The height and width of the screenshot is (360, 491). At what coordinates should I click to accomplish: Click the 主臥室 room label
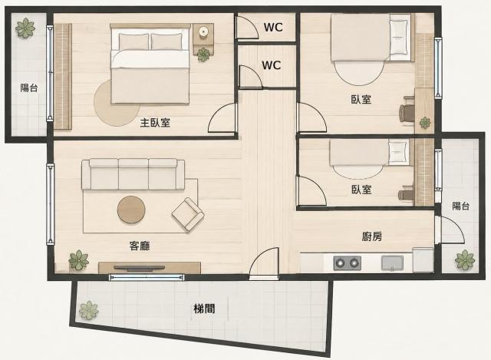click(x=155, y=123)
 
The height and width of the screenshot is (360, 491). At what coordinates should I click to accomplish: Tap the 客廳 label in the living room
click(x=140, y=246)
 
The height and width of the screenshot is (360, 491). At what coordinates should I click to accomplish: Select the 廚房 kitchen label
click(x=372, y=236)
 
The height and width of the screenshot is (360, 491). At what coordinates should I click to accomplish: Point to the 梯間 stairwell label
click(x=204, y=309)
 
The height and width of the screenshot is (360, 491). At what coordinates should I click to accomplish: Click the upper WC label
click(x=273, y=28)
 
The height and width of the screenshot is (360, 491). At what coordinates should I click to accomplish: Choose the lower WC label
click(x=271, y=65)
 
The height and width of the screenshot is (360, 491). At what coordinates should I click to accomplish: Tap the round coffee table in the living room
click(x=131, y=210)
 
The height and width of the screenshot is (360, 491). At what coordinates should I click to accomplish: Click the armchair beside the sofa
click(x=188, y=215)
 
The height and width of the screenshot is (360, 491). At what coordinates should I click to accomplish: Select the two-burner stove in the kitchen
click(x=347, y=263)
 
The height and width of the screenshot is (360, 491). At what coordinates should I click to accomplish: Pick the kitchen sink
click(x=392, y=263)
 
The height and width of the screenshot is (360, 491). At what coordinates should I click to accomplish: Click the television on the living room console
click(x=139, y=268)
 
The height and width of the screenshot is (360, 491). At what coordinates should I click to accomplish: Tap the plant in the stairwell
click(x=89, y=310)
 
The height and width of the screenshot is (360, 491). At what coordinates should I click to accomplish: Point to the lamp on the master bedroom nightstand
click(x=203, y=31)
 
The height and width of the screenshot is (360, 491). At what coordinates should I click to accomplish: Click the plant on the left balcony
click(x=25, y=28)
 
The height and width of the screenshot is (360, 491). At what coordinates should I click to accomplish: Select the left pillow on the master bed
click(x=134, y=41)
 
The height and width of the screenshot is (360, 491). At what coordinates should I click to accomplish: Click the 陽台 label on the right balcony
click(x=460, y=206)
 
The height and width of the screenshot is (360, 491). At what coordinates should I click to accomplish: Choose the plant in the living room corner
click(x=78, y=260)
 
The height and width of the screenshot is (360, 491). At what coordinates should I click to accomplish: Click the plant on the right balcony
click(x=465, y=259)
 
